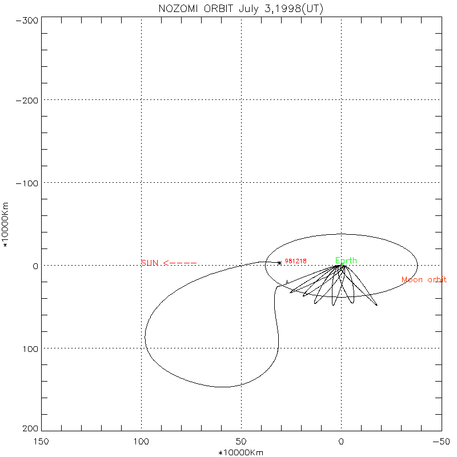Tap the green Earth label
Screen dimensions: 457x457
coord(346,260)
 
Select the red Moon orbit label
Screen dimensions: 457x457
coord(424,280)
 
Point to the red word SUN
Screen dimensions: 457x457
coord(150,263)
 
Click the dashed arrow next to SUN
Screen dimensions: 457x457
coord(180,263)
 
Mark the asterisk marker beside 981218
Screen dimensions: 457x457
coord(279,263)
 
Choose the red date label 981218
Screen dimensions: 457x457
coord(296,261)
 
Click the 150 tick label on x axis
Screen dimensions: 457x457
coord(41,442)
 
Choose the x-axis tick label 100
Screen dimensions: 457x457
coord(141,442)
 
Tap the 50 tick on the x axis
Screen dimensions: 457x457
coord(241,442)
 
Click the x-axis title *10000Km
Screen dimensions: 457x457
coord(241,452)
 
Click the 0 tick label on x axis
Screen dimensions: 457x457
coord(341,442)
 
